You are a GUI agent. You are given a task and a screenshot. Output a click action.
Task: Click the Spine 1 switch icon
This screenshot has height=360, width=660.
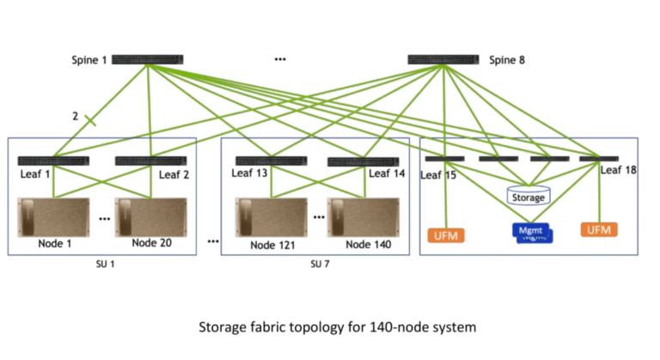coord(147,60)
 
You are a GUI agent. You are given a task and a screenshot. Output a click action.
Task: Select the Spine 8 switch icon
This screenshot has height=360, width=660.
coord(443,60)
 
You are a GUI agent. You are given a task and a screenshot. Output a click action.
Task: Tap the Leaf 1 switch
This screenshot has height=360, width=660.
coord(53,162)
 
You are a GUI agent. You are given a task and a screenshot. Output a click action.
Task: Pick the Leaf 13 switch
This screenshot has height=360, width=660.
coord(271,162)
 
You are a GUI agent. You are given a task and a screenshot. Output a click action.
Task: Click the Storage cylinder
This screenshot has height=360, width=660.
coord(528,195)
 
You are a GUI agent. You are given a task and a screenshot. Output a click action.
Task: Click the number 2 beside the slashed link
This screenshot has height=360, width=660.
coord(76,116)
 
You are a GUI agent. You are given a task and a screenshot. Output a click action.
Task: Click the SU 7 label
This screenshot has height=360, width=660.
coord(320,263)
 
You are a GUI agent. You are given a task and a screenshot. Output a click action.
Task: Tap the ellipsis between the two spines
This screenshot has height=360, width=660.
coord(280,60)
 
